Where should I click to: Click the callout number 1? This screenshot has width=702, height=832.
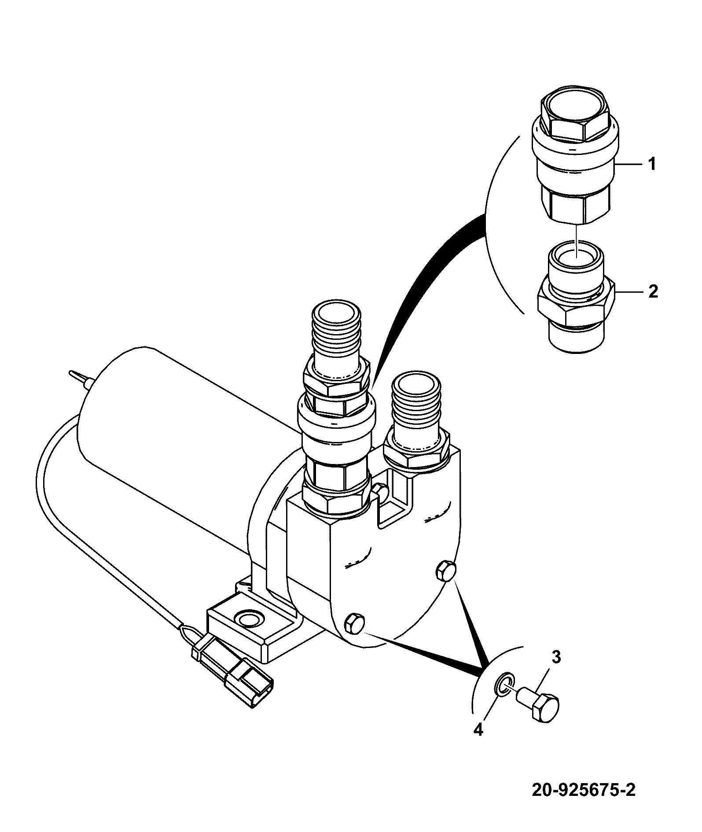pos(651,165)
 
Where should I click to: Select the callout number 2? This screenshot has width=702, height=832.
pos(653,291)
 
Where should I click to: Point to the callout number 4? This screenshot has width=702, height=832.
pos(478,729)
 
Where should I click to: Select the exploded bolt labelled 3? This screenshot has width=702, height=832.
pos(537,707)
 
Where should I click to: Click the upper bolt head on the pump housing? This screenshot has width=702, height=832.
pos(445,571)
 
